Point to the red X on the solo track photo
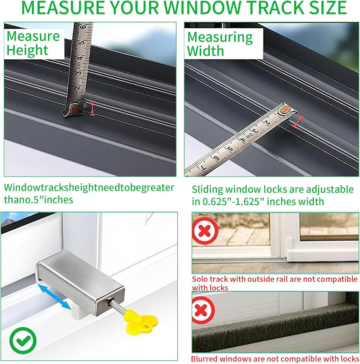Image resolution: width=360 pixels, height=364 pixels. (205, 231)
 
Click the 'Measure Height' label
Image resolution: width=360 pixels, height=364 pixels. (33, 43)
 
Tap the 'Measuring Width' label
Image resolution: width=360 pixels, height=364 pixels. (220, 44)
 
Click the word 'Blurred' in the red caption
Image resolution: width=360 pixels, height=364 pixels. (206, 359)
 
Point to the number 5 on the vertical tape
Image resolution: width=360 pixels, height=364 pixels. (83, 41)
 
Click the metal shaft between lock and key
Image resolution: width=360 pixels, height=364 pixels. (117, 305)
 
